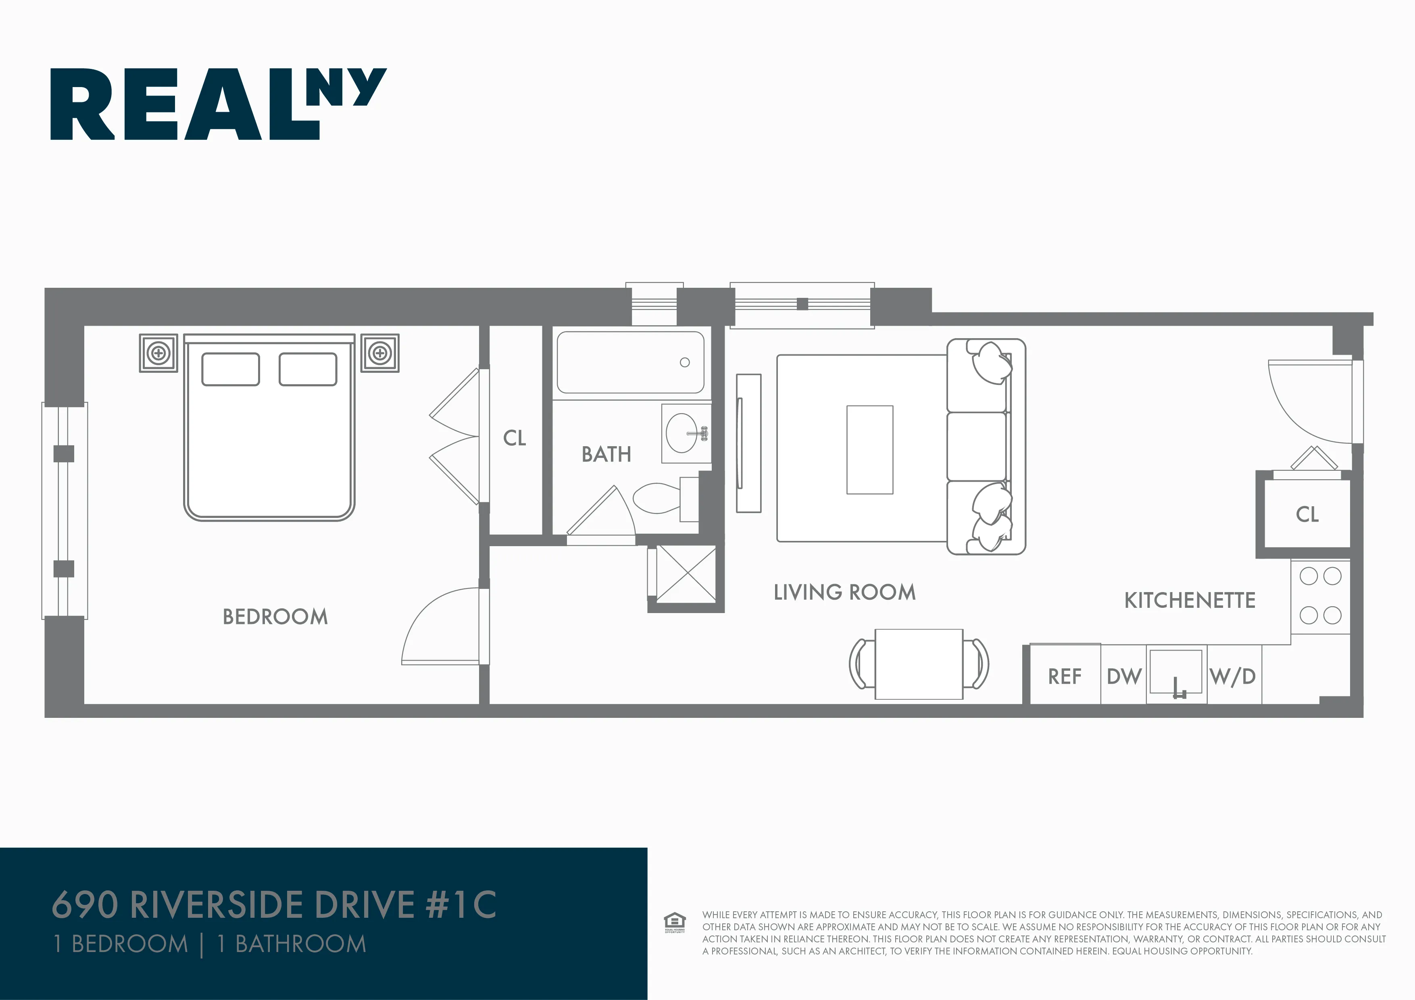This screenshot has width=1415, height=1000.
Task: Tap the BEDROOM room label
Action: tap(275, 617)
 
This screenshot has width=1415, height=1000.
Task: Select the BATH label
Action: tap(606, 455)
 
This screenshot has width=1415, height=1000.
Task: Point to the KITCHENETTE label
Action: tap(1190, 601)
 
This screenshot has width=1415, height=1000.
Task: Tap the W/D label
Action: tap(1233, 676)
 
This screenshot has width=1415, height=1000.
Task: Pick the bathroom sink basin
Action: tap(681, 433)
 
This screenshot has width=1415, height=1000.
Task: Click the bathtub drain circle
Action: tap(685, 362)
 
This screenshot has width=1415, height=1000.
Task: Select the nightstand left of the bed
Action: tap(158, 353)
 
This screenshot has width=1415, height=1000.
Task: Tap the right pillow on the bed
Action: tap(308, 369)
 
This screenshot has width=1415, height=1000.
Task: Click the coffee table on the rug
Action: tap(869, 450)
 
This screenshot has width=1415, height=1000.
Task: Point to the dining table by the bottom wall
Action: tap(919, 663)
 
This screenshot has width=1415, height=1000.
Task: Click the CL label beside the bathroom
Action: tap(515, 438)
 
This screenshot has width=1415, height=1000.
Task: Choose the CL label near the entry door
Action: tap(1307, 514)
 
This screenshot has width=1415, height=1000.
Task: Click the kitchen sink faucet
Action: tap(1178, 688)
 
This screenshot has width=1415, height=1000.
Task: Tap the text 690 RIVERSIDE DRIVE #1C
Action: tap(274, 904)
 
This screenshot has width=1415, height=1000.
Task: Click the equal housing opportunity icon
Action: tap(675, 922)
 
